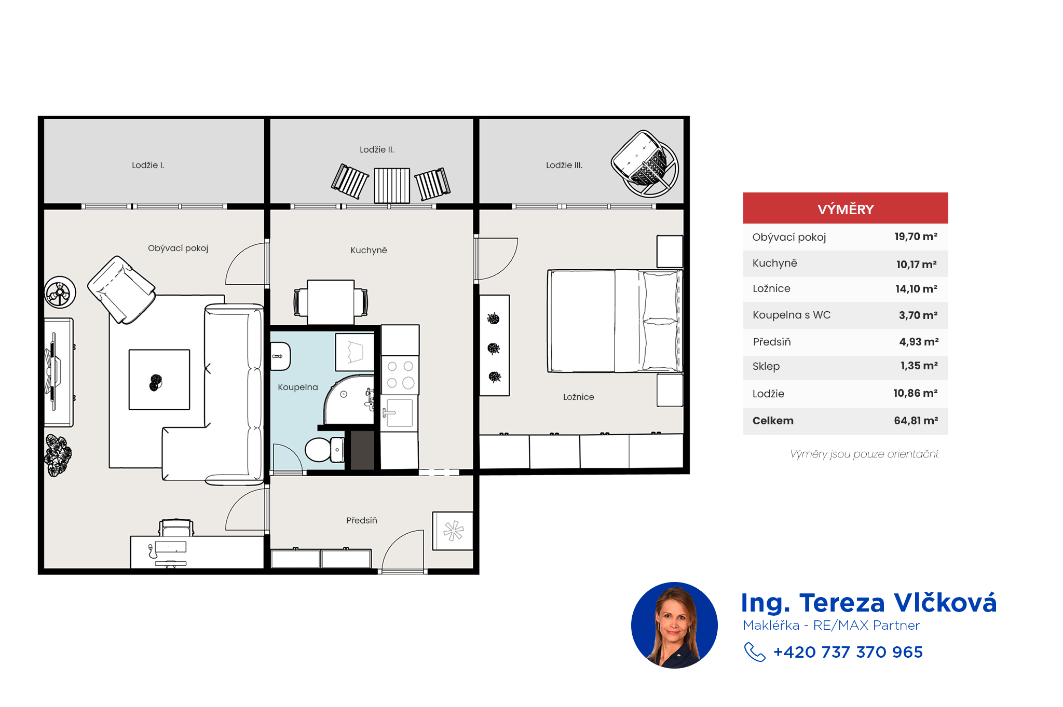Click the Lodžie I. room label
tap(148, 165)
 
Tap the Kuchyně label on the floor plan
tap(369, 250)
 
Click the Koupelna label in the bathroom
tap(298, 387)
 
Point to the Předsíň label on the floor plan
tap(362, 520)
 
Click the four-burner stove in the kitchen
tap(400, 375)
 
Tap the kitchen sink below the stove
tap(399, 413)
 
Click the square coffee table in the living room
tap(159, 380)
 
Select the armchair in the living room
tap(121, 289)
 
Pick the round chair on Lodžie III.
tap(645, 163)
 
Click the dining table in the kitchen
tap(331, 302)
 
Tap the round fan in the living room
tap(60, 293)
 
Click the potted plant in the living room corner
tap(58, 455)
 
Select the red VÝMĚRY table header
tap(846, 208)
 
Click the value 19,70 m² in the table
tap(916, 237)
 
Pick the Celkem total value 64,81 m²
tap(916, 421)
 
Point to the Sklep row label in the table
tap(766, 366)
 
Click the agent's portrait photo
tap(674, 625)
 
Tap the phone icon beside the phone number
tap(755, 652)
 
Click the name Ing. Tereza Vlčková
tap(869, 603)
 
